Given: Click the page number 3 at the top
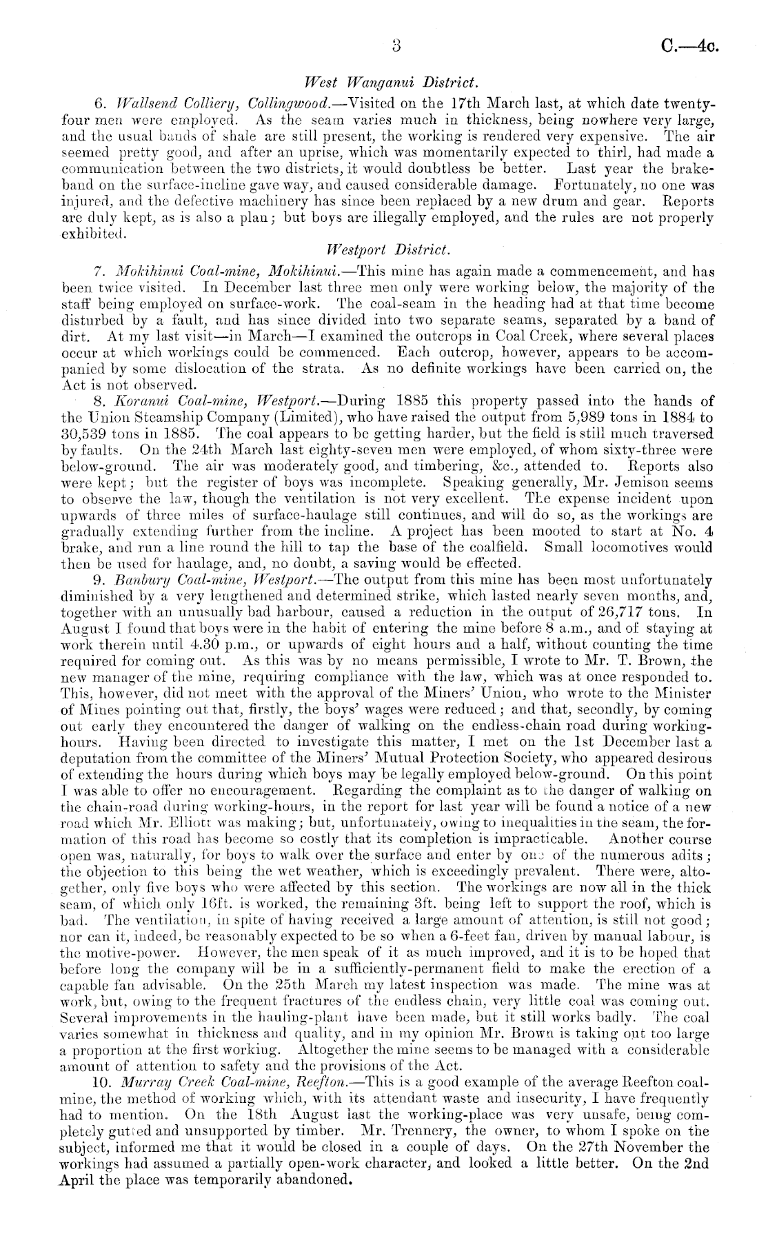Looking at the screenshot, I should click(396, 46).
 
